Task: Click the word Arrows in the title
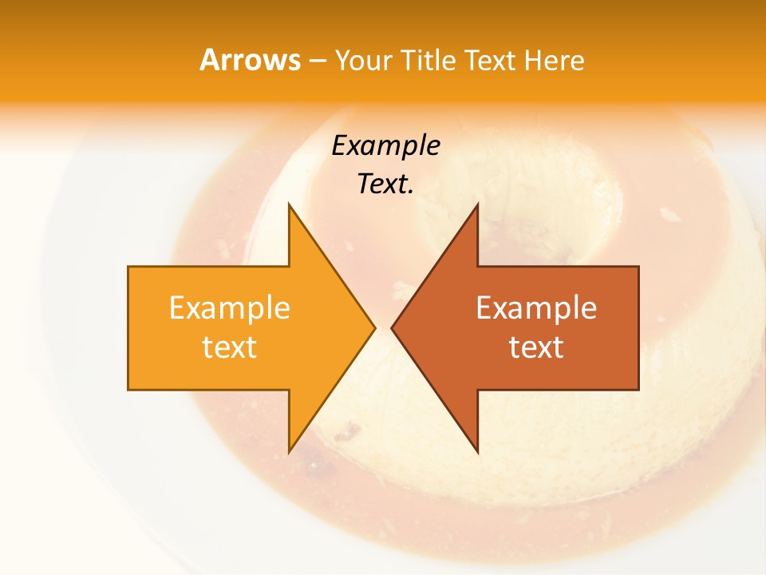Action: click(250, 60)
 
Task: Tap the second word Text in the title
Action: click(492, 60)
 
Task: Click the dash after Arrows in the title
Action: click(317, 61)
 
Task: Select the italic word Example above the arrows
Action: click(386, 145)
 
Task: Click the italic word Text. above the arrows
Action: click(386, 184)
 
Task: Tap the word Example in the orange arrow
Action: click(230, 307)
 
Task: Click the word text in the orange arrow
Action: click(230, 347)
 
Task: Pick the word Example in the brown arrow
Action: click(536, 307)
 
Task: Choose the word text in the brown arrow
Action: click(536, 347)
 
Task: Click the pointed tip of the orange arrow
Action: click(374, 327)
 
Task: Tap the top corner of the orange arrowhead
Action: click(289, 204)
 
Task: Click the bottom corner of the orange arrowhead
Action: click(289, 452)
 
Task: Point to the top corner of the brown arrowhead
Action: click(477, 204)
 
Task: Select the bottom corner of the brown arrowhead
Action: click(477, 452)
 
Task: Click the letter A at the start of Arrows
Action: click(209, 60)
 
